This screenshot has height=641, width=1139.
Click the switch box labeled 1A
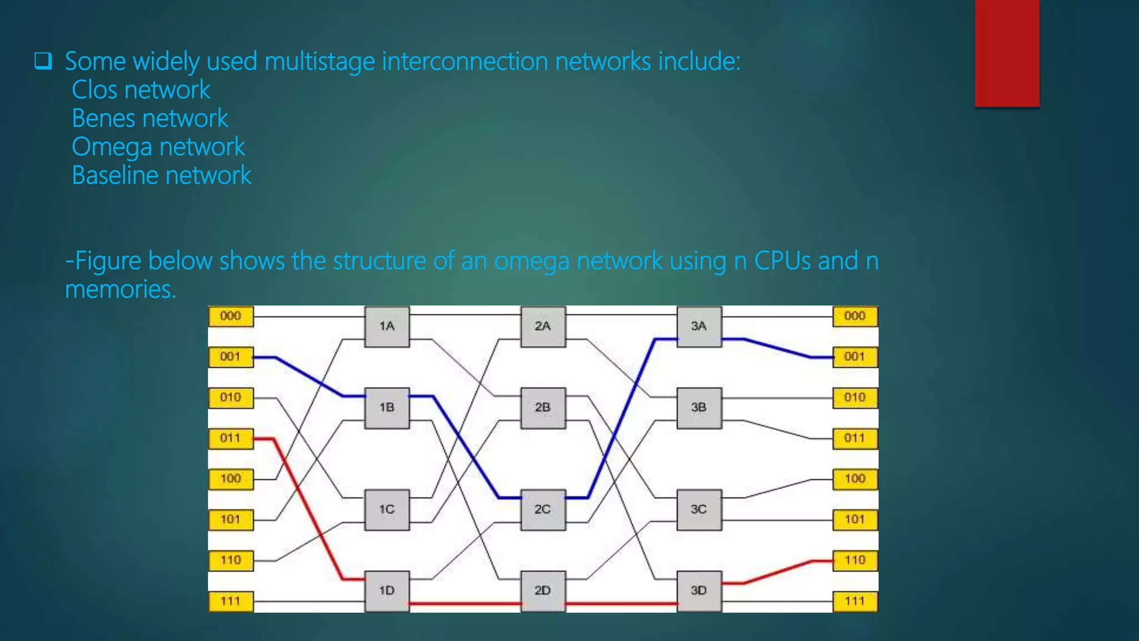[x=387, y=327]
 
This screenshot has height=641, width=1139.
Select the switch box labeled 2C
[x=543, y=510]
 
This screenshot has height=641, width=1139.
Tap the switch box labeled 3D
[x=699, y=591]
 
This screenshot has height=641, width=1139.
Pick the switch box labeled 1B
[x=387, y=408]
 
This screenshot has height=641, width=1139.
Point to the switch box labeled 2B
[x=543, y=408]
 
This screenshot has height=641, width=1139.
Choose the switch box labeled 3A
[x=699, y=327]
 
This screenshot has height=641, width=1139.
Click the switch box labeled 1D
[x=387, y=591]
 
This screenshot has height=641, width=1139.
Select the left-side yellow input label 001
[x=230, y=357]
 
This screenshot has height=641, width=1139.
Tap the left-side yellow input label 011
[x=230, y=438]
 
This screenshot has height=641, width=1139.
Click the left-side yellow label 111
[x=230, y=601]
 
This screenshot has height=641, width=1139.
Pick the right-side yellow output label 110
[x=855, y=560]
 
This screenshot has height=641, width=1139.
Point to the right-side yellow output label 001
[x=855, y=357]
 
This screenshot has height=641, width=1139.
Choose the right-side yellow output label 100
[x=855, y=479]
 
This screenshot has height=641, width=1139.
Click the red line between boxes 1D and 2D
[x=465, y=604]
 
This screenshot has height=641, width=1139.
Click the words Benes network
[x=150, y=119]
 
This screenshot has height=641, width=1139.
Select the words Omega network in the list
[x=158, y=147]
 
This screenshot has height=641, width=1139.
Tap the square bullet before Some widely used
[x=43, y=61]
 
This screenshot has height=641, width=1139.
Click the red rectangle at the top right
[x=1007, y=53]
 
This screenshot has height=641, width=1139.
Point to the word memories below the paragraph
[x=120, y=290]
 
